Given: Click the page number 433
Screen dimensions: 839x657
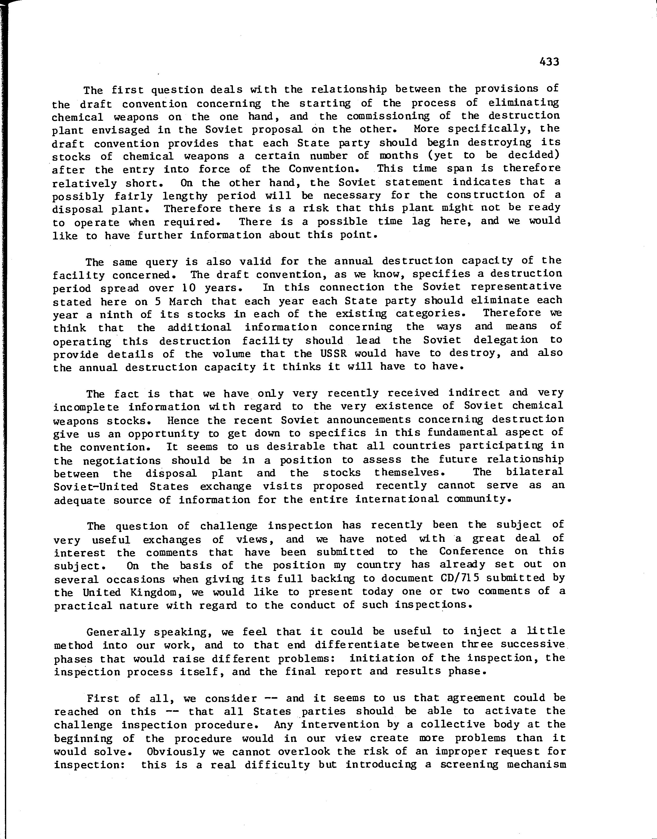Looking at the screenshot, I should pyautogui.click(x=549, y=62).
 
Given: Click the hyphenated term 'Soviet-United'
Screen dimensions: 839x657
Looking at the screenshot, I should pyautogui.click(x=96, y=486).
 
